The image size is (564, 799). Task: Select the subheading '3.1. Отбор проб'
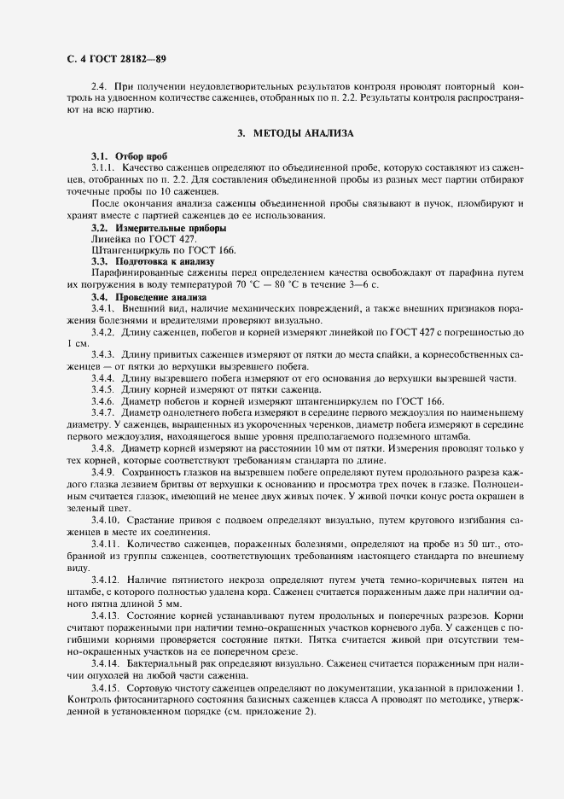coord(118,157)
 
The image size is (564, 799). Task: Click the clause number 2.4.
coord(99,87)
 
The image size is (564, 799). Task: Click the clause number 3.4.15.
coord(106,687)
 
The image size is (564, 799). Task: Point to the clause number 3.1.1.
coord(103,168)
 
